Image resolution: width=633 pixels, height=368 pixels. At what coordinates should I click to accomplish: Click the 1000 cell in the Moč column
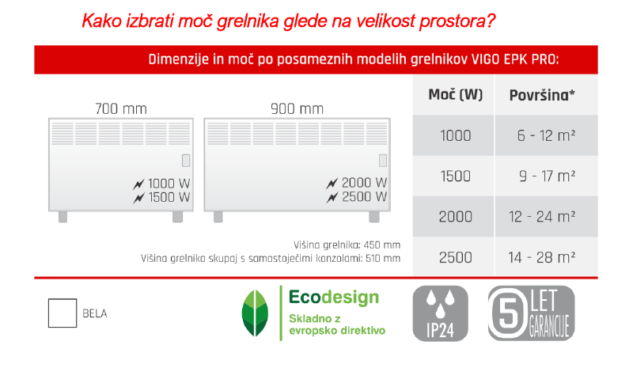click(455, 135)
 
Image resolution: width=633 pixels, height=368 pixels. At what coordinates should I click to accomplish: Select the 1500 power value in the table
click(455, 176)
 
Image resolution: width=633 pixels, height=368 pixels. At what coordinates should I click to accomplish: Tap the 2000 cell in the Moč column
click(455, 216)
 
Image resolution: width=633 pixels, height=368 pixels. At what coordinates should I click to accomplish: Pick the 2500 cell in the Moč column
click(455, 256)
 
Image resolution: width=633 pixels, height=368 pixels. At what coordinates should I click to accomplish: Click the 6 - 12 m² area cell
click(546, 135)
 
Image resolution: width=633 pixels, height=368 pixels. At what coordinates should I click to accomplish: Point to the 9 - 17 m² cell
click(546, 176)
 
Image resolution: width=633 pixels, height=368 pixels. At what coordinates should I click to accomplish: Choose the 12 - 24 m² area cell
click(546, 216)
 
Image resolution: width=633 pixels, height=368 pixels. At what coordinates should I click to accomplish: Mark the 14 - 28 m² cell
click(546, 256)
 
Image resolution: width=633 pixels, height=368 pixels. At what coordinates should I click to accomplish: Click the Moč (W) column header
click(456, 96)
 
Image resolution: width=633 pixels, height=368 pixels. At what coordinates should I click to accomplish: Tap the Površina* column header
click(542, 96)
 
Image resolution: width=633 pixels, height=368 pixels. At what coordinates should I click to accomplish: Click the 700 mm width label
click(120, 108)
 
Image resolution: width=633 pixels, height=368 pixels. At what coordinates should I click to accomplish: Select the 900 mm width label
click(297, 108)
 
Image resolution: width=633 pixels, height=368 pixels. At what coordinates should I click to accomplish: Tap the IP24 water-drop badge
click(441, 313)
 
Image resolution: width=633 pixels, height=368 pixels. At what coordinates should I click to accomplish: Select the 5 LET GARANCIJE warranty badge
click(531, 313)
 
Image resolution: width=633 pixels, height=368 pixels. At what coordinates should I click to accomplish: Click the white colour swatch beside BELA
click(63, 313)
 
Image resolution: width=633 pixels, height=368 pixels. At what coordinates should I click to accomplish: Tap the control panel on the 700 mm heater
click(186, 161)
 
